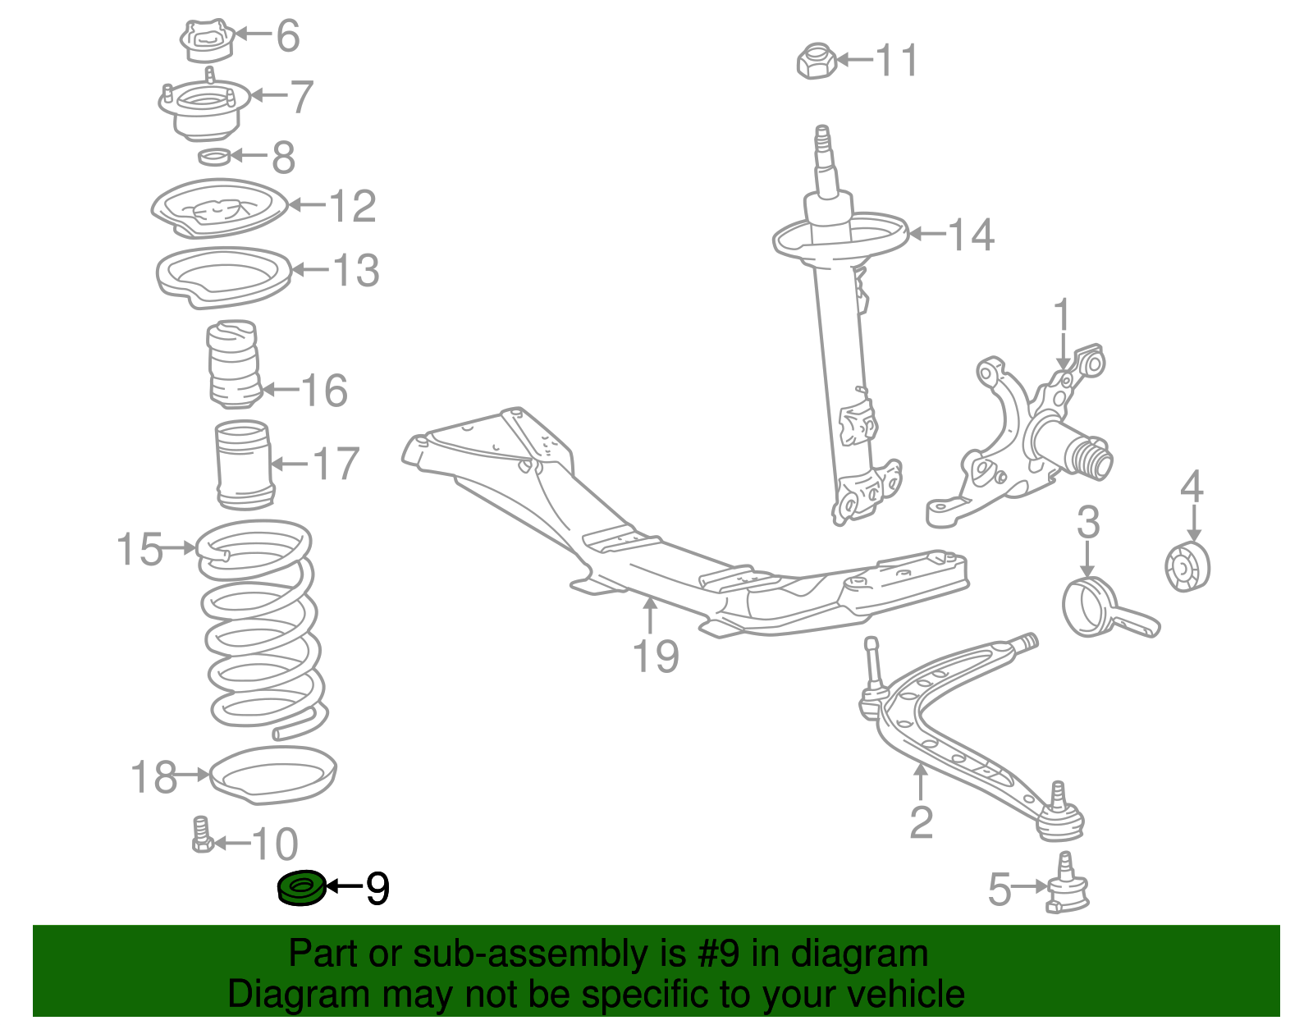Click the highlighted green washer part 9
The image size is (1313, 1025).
tap(301, 888)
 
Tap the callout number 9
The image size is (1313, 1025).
tap(377, 888)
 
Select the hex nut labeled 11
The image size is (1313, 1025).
tap(816, 62)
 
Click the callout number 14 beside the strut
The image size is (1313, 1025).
tap(971, 235)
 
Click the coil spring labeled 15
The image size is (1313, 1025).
tap(261, 628)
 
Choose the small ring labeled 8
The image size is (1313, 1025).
tap(214, 156)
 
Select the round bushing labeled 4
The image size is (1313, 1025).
tap(1187, 567)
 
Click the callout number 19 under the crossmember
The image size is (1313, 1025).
tap(656, 657)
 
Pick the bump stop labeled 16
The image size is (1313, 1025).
tap(233, 364)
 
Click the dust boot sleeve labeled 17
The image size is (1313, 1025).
tap(244, 465)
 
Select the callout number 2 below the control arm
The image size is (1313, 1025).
tap(921, 822)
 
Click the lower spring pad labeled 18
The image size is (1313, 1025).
tap(273, 774)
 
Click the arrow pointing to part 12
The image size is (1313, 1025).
tap(307, 205)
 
